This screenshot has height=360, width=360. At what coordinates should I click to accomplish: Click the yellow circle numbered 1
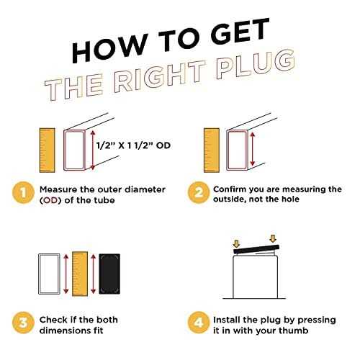pos(23,193)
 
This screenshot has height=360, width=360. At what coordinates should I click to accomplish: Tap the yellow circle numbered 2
pos(199,193)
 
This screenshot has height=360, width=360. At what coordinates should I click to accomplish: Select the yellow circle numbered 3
pos(23,323)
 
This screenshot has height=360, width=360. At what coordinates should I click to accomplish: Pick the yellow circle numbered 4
pos(199,323)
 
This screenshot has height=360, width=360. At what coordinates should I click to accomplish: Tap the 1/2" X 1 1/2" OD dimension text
pos(133,145)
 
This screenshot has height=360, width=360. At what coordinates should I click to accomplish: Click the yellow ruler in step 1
pos(47,150)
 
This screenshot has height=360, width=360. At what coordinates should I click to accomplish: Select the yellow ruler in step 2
pos(212,150)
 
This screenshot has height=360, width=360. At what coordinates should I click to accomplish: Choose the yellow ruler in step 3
pos(80,274)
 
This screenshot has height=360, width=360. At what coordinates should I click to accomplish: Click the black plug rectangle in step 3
pos(109,274)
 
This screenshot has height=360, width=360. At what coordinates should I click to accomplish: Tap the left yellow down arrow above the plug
pos(237,244)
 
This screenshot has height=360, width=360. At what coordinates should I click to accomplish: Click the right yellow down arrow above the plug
pos(273,239)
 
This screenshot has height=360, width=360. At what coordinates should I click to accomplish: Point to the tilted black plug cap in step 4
pos(256,250)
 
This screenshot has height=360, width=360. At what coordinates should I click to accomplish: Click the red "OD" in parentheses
pos(52,200)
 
